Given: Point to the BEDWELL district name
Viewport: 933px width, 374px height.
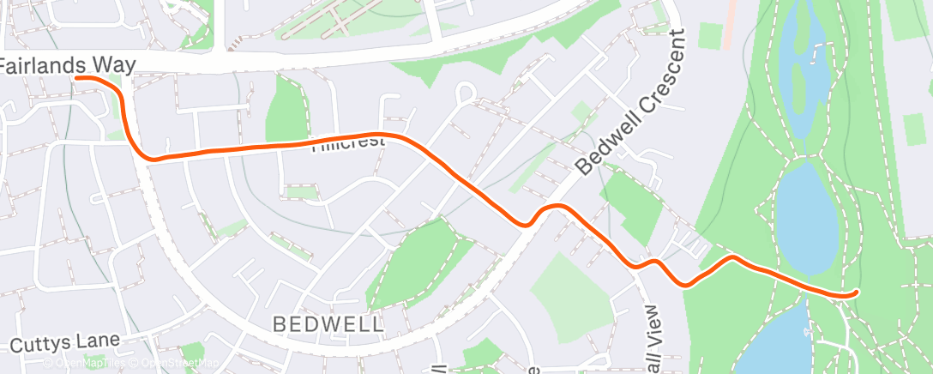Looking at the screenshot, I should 328,323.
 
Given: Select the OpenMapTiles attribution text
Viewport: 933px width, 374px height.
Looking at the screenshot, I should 86,364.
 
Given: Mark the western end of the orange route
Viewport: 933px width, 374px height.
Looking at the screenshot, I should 77,77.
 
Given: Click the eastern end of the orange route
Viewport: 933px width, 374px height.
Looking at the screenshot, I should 856,293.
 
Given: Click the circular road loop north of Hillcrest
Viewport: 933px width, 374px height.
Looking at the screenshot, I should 466,91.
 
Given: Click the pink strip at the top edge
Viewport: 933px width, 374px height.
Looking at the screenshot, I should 730,21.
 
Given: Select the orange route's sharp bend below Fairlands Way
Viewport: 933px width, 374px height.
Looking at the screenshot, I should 147,156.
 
